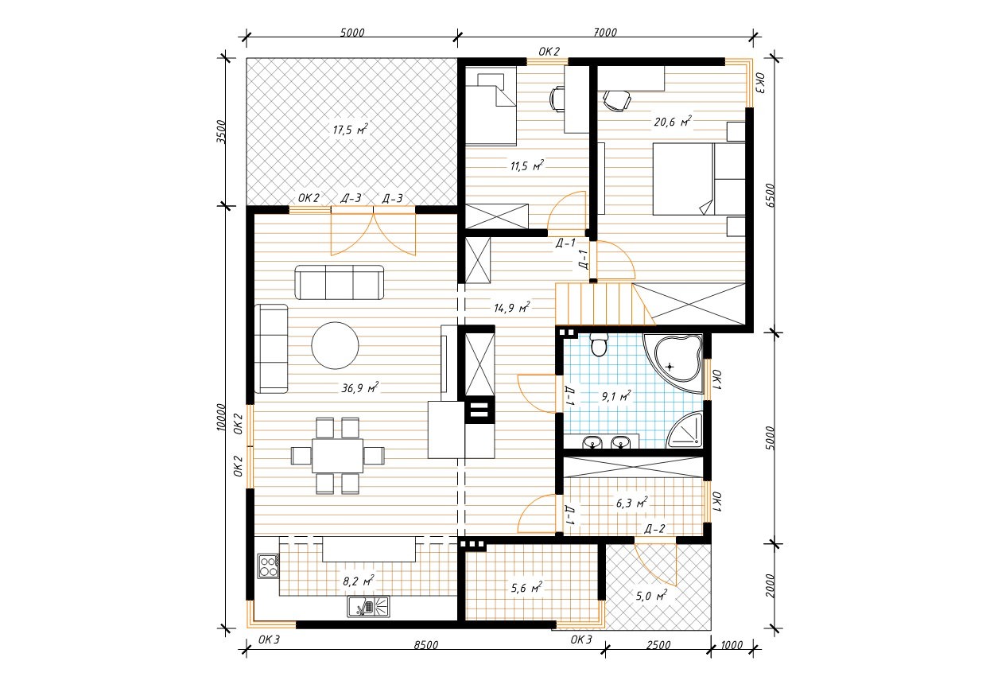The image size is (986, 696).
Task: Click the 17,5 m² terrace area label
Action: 351,130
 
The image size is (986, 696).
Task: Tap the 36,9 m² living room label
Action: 359,388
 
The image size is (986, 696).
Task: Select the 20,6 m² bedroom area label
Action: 673,121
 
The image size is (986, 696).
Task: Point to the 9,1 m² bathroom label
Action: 616,396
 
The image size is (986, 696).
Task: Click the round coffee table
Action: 335,345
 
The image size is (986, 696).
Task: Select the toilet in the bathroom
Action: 599,344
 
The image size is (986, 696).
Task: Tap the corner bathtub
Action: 674,364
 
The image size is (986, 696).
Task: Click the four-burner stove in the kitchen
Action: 268,566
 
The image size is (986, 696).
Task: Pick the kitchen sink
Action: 368,607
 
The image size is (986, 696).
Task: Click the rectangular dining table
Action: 338,455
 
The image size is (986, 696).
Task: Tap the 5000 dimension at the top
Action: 352,33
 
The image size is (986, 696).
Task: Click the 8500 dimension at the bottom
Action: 426,645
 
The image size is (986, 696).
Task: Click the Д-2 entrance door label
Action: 654,529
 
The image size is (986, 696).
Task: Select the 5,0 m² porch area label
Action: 651,596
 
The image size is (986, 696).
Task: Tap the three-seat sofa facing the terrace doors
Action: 339,282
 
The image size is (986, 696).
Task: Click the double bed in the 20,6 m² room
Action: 699,179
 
